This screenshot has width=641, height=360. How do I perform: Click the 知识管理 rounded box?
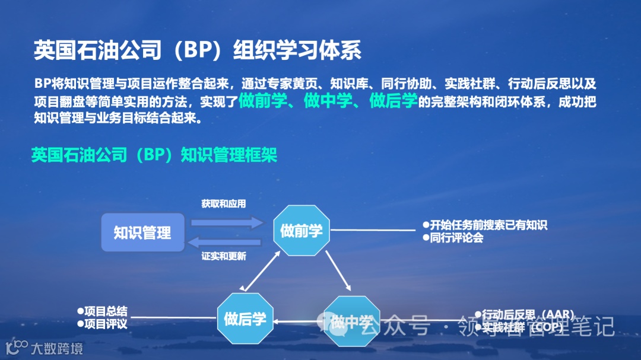pyautogui.click(x=142, y=232)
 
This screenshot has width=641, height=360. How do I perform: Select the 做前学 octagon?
pyautogui.click(x=301, y=230)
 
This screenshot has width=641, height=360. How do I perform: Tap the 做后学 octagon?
pyautogui.click(x=245, y=318)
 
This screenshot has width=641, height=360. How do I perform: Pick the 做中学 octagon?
pyautogui.click(x=350, y=321)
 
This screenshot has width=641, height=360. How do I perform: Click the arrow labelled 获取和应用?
pyautogui.click(x=226, y=222)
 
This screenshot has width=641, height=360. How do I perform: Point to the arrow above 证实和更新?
pyautogui.click(x=226, y=242)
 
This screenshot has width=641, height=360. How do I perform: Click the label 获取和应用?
pyautogui.click(x=223, y=204)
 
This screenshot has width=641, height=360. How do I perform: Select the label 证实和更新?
pyautogui.click(x=224, y=256)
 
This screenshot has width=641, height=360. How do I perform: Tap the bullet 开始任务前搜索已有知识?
pyautogui.click(x=484, y=225)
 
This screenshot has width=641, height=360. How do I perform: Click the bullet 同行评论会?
pyautogui.click(x=453, y=238)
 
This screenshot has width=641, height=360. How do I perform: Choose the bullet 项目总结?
pyautogui.click(x=102, y=311)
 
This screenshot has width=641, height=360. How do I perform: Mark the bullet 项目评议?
pyautogui.click(x=102, y=324)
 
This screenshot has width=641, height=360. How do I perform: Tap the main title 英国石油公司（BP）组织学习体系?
pyautogui.click(x=197, y=50)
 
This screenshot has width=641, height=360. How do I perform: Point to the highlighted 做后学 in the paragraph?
pyautogui.click(x=393, y=101)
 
